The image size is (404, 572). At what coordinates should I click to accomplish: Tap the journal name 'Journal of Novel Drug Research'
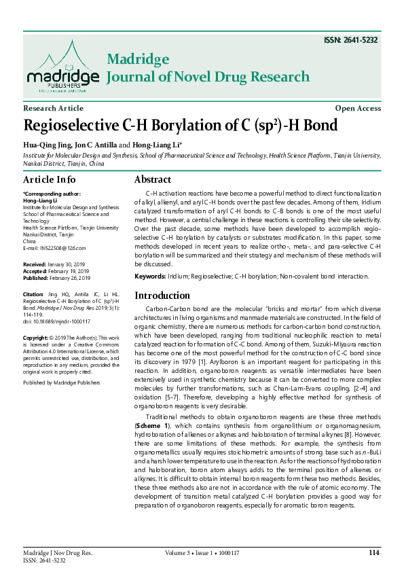click(208, 77)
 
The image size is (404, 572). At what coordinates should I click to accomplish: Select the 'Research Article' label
click(53, 108)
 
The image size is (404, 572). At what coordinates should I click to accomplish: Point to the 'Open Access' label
click(358, 108)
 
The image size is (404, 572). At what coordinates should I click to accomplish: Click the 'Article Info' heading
click(49, 180)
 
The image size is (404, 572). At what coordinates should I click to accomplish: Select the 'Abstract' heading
click(152, 180)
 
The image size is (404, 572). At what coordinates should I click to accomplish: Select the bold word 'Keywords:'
click(150, 276)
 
